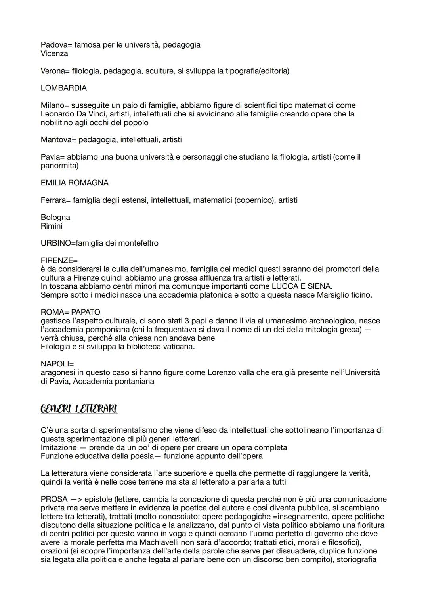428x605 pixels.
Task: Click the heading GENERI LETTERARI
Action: point(79,409)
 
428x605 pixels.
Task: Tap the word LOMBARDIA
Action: point(64,88)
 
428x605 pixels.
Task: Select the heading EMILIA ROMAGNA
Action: point(75,183)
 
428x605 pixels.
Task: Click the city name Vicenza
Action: point(54,53)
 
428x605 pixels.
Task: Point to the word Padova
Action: point(53,45)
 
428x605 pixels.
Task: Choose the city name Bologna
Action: point(55,218)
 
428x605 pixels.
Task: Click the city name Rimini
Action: point(52,226)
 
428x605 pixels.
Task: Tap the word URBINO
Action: point(55,243)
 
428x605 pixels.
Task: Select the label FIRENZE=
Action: point(59,261)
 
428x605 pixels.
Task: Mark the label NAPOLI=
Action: point(57,364)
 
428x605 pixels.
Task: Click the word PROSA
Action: point(53,499)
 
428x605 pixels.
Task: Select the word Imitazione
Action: point(59,447)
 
